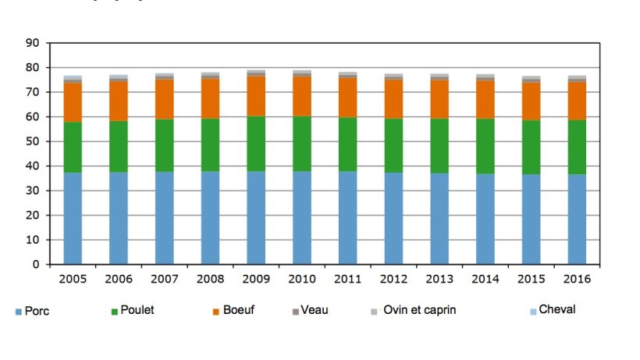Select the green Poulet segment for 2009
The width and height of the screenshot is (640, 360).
coord(257,144)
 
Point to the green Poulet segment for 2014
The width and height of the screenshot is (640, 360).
coord(486,146)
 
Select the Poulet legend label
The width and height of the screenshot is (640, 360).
coord(137,310)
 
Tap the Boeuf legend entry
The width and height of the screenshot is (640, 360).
coord(238,310)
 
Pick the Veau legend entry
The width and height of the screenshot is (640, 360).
coord(315,310)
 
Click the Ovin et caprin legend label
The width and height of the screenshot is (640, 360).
coord(419,310)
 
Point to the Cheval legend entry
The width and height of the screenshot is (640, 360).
coord(556,309)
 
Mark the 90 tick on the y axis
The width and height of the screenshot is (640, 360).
coord(31,43)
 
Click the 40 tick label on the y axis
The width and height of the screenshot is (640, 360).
coord(31,166)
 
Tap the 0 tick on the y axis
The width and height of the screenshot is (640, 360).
coord(35,265)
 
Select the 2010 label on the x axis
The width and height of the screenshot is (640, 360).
coord(302,279)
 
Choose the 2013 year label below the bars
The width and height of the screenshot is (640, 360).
coord(440,279)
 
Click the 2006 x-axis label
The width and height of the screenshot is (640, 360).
coord(119,279)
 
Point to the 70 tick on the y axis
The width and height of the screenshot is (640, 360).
coord(31,92)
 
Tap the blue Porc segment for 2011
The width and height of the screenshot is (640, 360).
coord(348,218)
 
